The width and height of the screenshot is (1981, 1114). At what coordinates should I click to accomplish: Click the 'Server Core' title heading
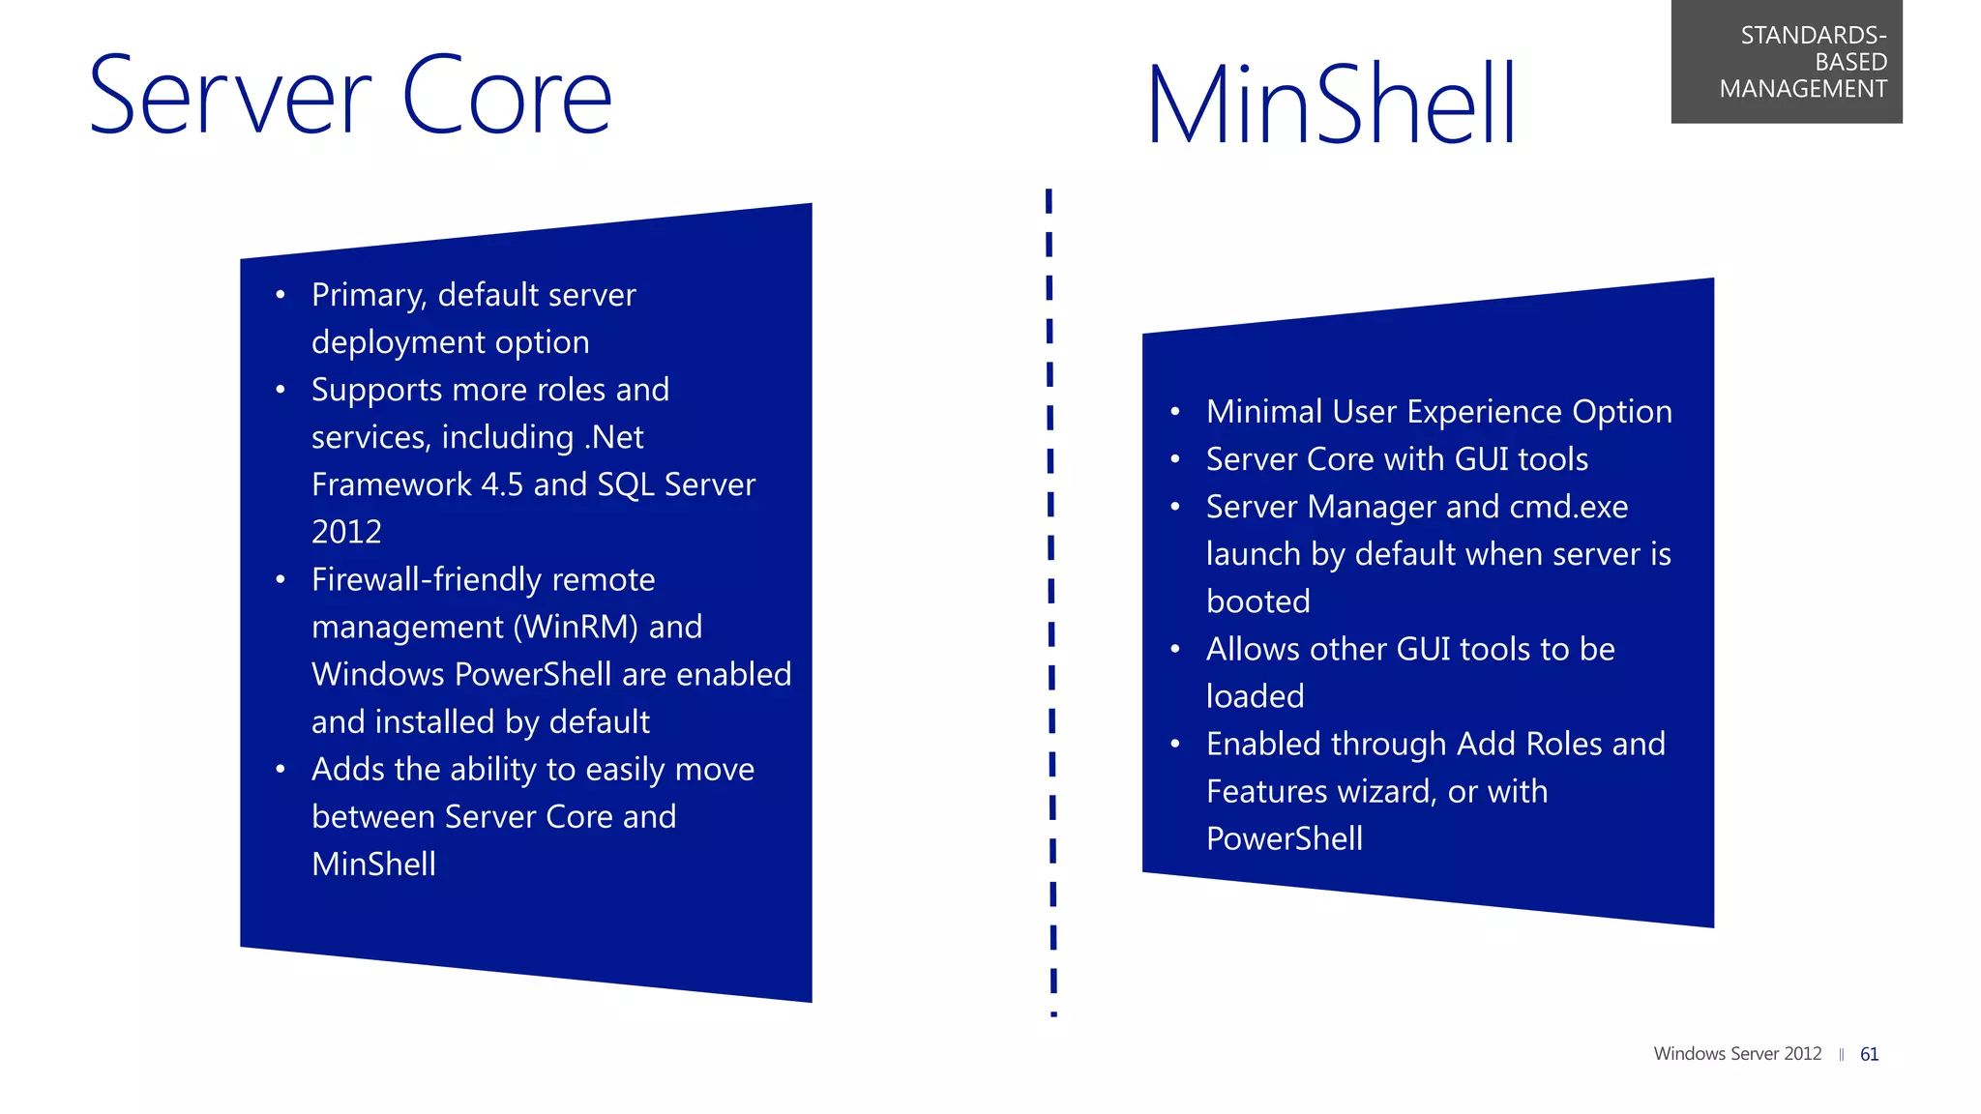point(350,96)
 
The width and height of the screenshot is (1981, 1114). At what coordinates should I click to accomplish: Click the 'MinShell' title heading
point(1331,104)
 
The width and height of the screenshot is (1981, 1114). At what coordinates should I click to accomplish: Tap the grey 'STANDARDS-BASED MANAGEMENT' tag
point(1787,62)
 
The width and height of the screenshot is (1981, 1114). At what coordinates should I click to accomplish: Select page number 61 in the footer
point(1869,1054)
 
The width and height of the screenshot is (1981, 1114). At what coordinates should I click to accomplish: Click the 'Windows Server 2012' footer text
point(1737,1054)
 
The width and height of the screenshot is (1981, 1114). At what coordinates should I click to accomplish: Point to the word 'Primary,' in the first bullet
point(369,296)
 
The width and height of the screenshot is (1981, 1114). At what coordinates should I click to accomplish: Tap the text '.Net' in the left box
point(613,438)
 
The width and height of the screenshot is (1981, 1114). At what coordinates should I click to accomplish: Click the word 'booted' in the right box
point(1257,602)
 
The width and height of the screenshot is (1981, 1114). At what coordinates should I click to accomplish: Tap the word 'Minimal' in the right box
point(1264,413)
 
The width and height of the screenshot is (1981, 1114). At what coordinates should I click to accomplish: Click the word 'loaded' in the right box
point(1255,697)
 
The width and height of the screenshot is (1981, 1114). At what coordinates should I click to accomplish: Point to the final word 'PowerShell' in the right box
point(1285,839)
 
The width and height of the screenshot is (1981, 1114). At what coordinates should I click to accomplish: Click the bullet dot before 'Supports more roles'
point(281,391)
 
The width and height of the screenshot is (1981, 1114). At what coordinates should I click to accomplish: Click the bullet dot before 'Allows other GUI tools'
point(1175,650)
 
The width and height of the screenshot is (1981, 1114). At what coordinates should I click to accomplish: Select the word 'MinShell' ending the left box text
point(373,865)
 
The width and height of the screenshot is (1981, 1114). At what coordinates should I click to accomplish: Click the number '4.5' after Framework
point(502,485)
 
